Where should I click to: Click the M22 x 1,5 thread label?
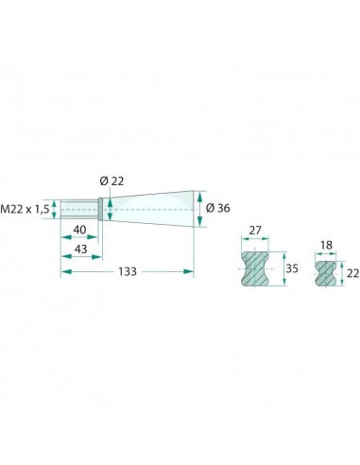(x=25, y=209)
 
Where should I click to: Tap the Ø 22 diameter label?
(x=111, y=181)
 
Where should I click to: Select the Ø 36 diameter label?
(x=217, y=208)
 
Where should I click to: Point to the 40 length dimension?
(x=79, y=230)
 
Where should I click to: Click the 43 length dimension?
(x=80, y=250)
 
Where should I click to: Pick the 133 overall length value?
(x=128, y=271)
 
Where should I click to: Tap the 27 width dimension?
(x=255, y=231)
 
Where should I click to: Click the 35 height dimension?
(x=292, y=268)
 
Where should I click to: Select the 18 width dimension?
(x=326, y=245)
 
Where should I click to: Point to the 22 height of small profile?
(x=352, y=273)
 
